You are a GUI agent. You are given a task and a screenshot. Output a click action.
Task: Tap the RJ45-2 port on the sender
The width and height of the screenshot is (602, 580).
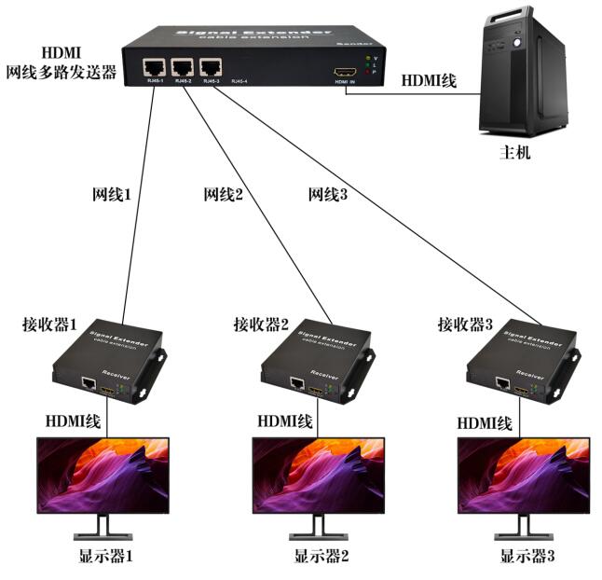[183, 68]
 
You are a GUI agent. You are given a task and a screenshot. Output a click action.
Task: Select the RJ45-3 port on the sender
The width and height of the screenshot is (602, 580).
[211, 68]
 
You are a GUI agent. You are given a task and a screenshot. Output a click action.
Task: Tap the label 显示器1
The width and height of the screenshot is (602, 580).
[106, 558]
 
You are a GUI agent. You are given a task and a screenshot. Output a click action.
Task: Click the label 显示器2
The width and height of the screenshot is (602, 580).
[322, 558]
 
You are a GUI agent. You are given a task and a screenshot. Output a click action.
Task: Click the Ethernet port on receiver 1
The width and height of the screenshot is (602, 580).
[89, 382]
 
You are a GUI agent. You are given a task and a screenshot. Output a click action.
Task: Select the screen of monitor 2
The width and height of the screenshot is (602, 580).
[319, 476]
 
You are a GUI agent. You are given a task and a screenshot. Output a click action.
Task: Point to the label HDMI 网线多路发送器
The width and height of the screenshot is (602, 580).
[61, 62]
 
